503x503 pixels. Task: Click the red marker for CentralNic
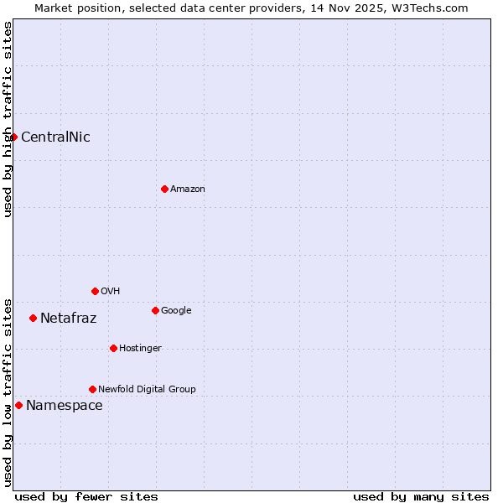click(x=13, y=137)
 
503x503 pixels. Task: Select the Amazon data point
click(x=164, y=189)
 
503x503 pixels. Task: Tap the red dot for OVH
click(x=95, y=291)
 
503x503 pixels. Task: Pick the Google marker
click(x=155, y=310)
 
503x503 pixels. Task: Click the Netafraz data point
click(x=33, y=318)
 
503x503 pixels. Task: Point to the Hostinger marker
click(x=113, y=348)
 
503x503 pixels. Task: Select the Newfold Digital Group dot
click(x=92, y=389)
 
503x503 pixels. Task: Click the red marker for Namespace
click(x=18, y=405)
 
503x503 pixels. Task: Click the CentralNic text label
click(x=55, y=137)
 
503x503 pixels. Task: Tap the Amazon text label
click(x=188, y=189)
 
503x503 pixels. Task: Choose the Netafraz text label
click(x=68, y=319)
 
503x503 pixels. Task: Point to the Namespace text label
click(x=65, y=406)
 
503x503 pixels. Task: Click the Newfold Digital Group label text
click(x=147, y=390)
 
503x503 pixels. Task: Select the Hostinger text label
click(x=140, y=349)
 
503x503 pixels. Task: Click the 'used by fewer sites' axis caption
click(x=86, y=496)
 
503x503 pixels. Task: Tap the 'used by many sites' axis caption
click(x=421, y=496)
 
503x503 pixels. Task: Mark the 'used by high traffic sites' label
click(x=8, y=119)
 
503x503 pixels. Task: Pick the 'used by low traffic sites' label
click(x=8, y=392)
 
